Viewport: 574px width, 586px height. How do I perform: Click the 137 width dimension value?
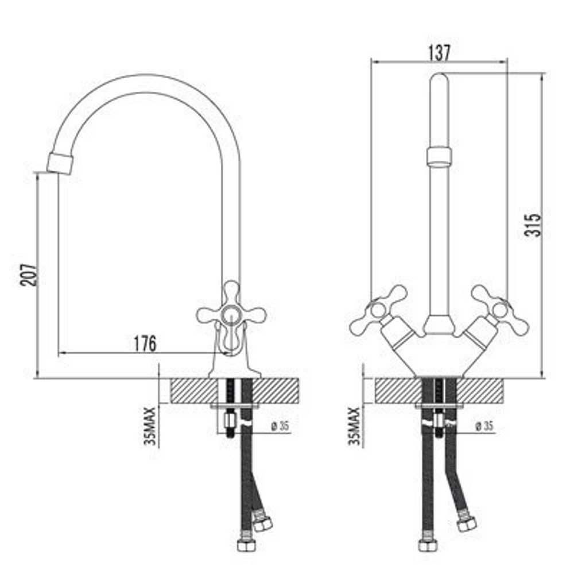[439, 52]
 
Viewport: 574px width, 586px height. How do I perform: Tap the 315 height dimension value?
[533, 225]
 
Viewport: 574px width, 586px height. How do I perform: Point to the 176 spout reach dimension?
[145, 344]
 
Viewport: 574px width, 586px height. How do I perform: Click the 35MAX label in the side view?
[151, 426]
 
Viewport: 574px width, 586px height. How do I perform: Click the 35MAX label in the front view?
[354, 426]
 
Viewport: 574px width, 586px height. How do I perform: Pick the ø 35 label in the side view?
[280, 426]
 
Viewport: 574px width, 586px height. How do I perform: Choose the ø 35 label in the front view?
[485, 426]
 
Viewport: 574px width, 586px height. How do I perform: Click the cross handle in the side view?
[231, 314]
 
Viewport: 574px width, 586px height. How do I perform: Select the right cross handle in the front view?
[500, 310]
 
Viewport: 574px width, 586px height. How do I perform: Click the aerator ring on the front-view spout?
[439, 156]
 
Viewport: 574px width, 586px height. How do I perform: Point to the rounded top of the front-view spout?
[439, 80]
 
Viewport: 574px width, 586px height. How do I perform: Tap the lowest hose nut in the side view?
[246, 544]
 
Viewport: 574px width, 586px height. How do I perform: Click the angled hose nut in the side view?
[263, 523]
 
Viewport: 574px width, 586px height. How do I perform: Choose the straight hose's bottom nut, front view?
[428, 544]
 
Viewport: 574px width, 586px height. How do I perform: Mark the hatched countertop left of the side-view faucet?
[194, 391]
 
